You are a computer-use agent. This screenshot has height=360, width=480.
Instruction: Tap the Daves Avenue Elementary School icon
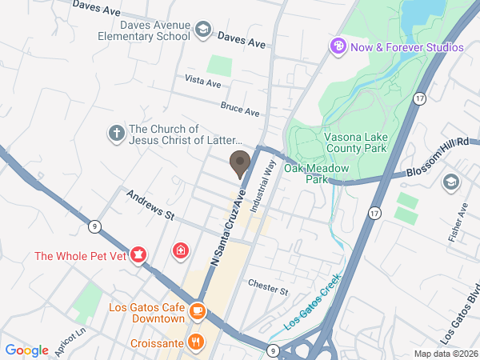click(202, 30)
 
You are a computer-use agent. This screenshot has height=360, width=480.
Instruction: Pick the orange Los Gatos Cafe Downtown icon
click(198, 310)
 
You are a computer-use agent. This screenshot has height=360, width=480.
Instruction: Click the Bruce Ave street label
click(241, 108)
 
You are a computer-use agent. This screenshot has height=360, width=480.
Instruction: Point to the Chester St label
click(267, 286)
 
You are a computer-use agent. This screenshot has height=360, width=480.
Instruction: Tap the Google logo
click(27, 350)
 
